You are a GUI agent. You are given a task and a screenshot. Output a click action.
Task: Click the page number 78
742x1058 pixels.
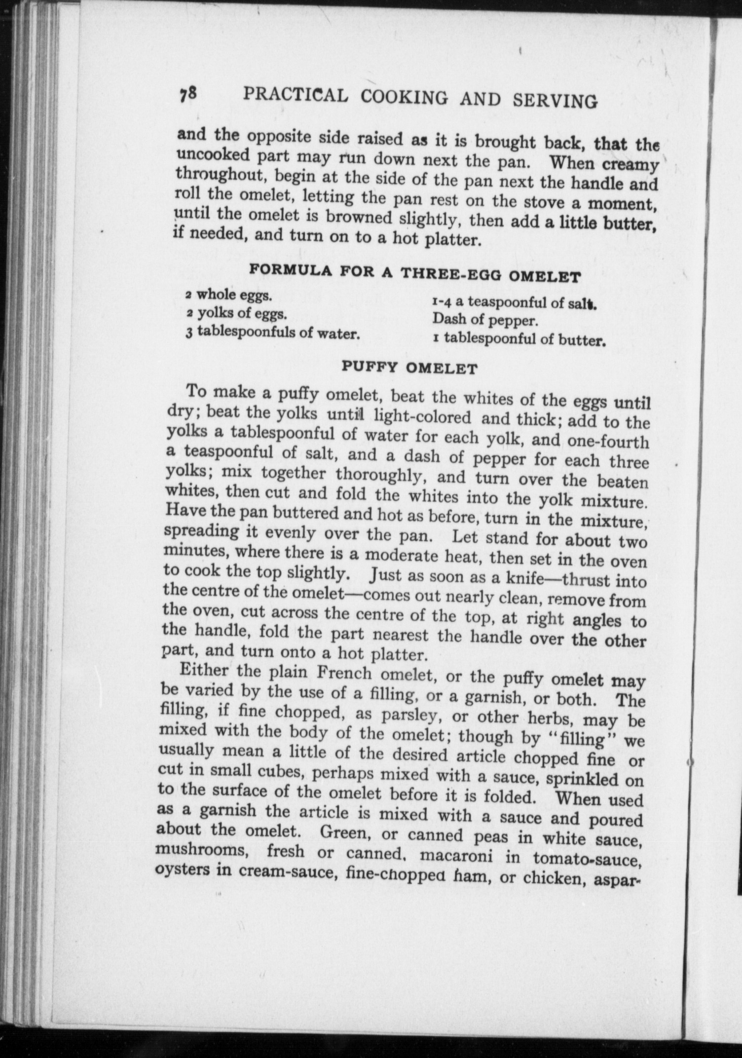click(x=188, y=93)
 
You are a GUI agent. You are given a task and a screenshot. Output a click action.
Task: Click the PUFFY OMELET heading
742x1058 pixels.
click(x=409, y=368)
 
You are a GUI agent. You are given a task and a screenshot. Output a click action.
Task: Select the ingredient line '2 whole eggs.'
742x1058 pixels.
click(x=228, y=296)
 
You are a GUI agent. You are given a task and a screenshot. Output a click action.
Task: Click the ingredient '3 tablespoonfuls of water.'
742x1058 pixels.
click(x=272, y=333)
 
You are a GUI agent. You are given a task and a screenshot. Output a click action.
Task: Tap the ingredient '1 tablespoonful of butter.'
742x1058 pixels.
click(x=519, y=340)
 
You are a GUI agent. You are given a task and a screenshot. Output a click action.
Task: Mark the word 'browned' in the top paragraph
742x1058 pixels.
click(x=359, y=218)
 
